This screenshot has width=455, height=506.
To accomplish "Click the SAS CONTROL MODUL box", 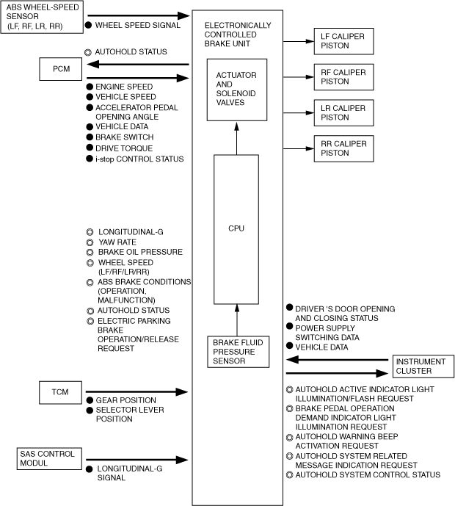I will click(x=46, y=458).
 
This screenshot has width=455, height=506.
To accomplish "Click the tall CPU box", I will click(x=236, y=228).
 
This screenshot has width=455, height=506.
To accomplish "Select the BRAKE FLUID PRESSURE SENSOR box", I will click(x=236, y=351).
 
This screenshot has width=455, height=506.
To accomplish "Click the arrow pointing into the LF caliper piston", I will click(x=298, y=40).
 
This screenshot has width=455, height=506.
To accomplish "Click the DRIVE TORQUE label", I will click(x=123, y=148).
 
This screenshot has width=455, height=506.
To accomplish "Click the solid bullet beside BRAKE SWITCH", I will click(x=89, y=137).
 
